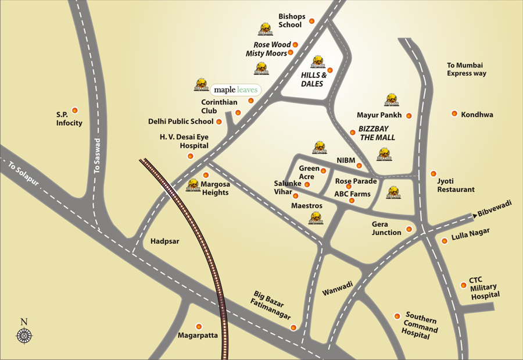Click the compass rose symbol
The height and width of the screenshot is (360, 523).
[x=24, y=335]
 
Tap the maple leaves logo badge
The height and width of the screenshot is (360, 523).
[x=235, y=90]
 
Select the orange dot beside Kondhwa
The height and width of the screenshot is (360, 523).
[x=454, y=113]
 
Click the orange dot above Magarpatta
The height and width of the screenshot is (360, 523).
[x=199, y=326]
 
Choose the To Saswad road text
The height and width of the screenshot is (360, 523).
[x=98, y=155]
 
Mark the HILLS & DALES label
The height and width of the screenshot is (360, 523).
[x=313, y=79]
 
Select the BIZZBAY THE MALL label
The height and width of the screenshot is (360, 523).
[x=377, y=133]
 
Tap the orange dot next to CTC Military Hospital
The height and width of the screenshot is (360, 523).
[x=463, y=285]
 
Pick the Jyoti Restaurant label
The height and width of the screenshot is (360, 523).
[x=456, y=185]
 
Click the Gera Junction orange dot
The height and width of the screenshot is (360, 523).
[x=409, y=229]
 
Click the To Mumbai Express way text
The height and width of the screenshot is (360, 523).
[x=466, y=69]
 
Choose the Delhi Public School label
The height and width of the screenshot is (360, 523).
[x=181, y=122]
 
